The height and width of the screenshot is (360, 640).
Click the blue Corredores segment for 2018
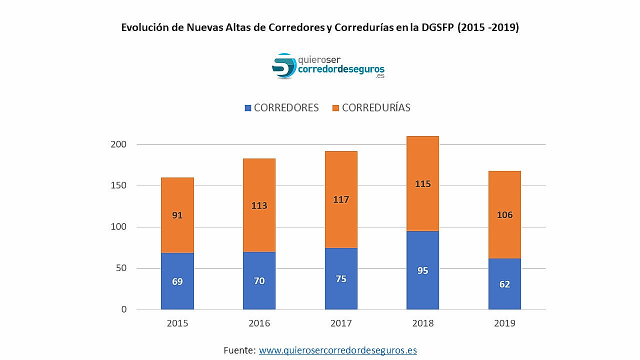click(x=422, y=270)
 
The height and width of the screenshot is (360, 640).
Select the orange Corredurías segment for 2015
click(x=177, y=215)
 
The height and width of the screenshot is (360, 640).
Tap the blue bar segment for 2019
click(x=504, y=284)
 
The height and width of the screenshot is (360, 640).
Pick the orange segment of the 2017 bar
click(x=341, y=199)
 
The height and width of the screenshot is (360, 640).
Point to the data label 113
click(x=259, y=205)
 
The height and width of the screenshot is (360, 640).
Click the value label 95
click(x=422, y=270)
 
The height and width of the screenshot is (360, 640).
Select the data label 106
click(x=504, y=215)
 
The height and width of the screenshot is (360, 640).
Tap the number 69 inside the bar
click(x=177, y=281)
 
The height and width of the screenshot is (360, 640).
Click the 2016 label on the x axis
click(x=259, y=323)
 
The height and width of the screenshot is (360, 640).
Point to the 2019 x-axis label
click(x=504, y=323)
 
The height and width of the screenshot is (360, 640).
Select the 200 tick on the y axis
click(x=118, y=144)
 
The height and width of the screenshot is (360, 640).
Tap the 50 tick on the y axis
click(x=121, y=268)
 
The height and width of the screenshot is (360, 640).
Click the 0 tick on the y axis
click(x=123, y=310)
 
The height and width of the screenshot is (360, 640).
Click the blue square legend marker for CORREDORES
click(x=248, y=108)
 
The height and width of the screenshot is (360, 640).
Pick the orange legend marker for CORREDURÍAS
click(x=335, y=108)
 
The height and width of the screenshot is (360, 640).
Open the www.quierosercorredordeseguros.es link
click(x=337, y=350)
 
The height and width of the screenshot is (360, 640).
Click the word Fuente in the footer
click(x=239, y=350)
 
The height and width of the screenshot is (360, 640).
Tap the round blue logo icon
click(x=284, y=66)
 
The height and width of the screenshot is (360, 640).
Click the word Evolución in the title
click(x=144, y=27)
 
